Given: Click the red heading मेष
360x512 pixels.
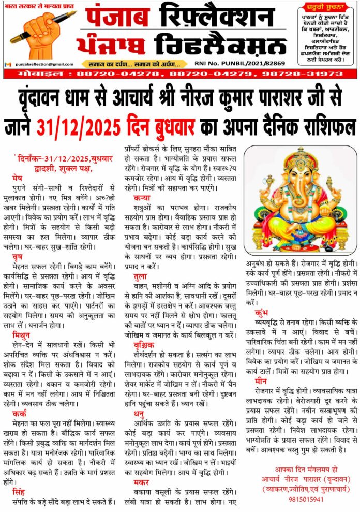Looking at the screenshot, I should click(17, 178).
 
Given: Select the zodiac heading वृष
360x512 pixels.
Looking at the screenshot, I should click(17, 256).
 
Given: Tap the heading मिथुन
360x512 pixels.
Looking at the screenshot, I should click(21, 334).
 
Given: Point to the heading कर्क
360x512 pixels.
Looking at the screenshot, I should click(20, 414).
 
